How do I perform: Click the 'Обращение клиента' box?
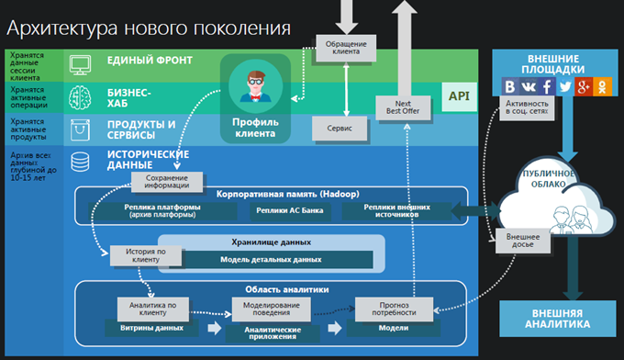[x=344, y=47]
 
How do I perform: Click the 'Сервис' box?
[x=340, y=129]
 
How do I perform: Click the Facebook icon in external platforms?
[x=546, y=87]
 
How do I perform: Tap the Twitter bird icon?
[x=564, y=87]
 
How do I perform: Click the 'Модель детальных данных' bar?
[x=270, y=260]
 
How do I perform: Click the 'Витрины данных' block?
[x=148, y=327]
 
